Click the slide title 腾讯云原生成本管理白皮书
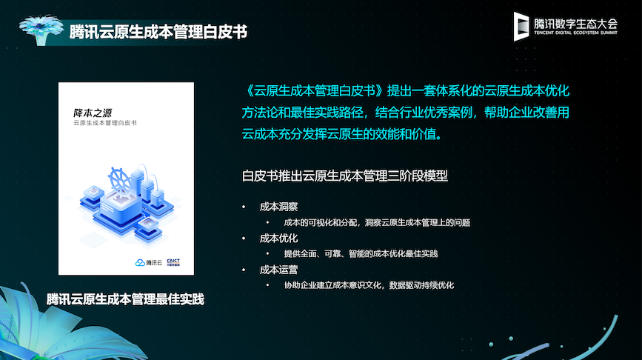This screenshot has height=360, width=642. (158, 32)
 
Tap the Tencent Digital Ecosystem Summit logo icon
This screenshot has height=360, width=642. (521, 26)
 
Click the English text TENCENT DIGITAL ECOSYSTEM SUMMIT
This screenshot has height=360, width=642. (575, 33)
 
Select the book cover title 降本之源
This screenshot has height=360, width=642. (93, 113)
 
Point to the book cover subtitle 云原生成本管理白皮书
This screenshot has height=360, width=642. (105, 123)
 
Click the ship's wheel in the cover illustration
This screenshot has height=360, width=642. (120, 180)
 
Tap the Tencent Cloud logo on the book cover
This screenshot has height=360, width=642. (149, 262)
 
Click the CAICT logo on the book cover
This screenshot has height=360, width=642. (173, 262)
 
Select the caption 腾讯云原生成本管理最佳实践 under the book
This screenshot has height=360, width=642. (125, 299)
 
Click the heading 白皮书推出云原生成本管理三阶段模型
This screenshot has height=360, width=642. (345, 176)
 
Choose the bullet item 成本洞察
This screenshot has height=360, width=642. (278, 207)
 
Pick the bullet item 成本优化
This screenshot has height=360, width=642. (278, 239)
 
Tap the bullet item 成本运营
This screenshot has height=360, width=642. (278, 270)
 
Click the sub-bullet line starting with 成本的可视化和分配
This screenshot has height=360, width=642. (377, 223)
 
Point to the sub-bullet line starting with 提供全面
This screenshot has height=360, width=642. (361, 254)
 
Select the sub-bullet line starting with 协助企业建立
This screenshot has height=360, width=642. (369, 285)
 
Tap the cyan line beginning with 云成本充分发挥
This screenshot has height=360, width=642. (342, 134)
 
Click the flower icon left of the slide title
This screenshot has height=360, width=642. (41, 30)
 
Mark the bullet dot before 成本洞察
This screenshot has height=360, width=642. (244, 207)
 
